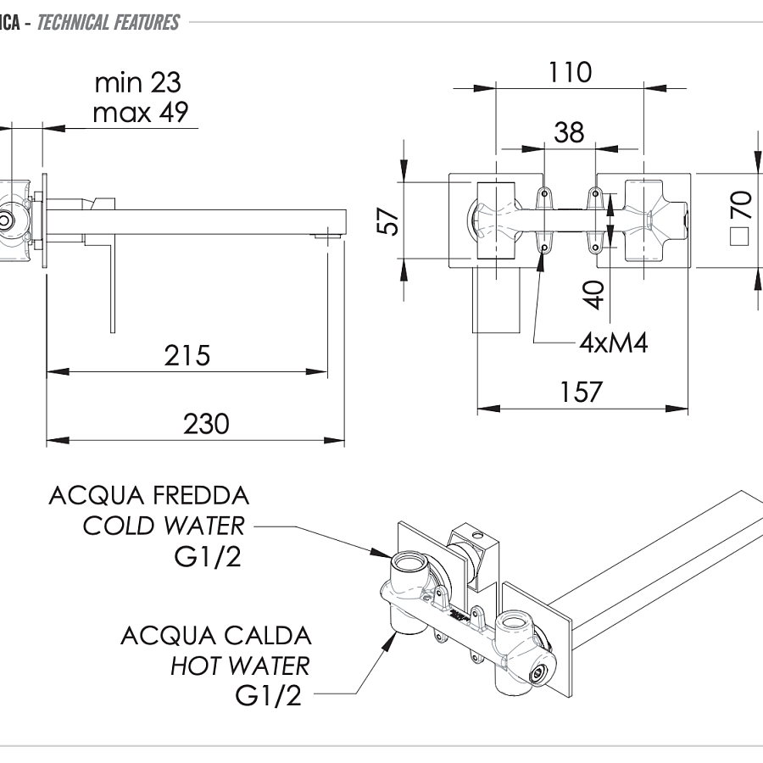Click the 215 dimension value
[x=187, y=355]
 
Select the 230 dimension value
[x=206, y=423]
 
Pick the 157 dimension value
[x=581, y=393]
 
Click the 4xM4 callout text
[x=613, y=343]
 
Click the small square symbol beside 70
[x=740, y=236]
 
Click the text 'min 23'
[x=137, y=83]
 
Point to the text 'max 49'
[x=141, y=112]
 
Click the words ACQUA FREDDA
[x=149, y=495]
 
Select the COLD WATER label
[x=163, y=526]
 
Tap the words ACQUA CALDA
[x=216, y=635]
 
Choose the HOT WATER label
[x=240, y=666]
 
